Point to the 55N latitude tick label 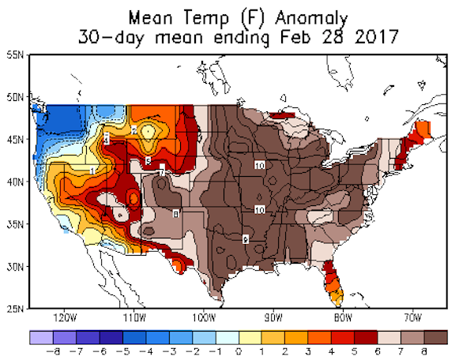14,54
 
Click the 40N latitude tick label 14,182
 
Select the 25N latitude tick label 14,308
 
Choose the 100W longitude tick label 204,318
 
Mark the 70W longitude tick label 412,318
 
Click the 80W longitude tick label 342,318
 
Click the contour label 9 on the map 246,238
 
